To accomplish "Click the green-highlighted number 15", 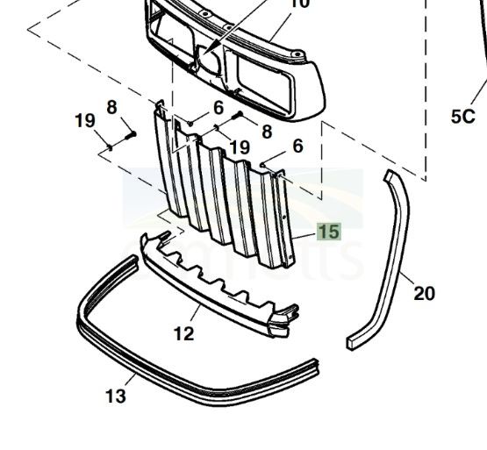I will click(x=328, y=232).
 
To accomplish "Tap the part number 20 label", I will click(x=424, y=293).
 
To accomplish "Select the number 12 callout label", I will click(x=183, y=334).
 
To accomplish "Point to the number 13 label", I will click(x=115, y=396).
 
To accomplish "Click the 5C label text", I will click(x=462, y=117).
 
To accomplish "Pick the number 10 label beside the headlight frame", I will click(x=298, y=4).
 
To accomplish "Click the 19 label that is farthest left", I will click(x=84, y=120).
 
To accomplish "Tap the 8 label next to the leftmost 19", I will click(x=111, y=107).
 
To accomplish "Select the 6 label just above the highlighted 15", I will click(x=297, y=146).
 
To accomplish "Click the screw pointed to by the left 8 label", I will click(x=131, y=135).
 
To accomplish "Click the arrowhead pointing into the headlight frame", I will click(x=215, y=48).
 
